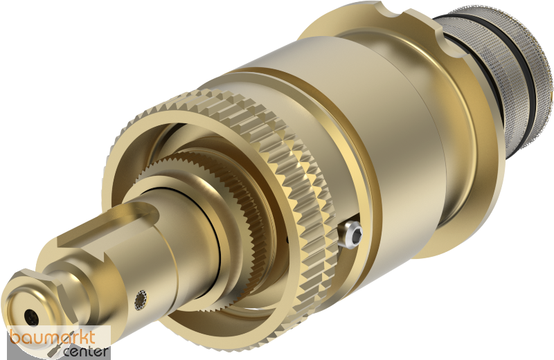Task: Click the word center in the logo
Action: point(85,352)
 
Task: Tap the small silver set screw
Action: point(353,234)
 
